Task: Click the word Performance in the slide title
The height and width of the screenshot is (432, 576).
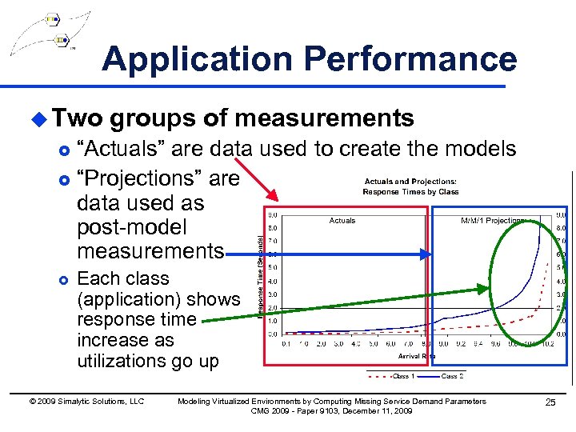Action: (411, 59)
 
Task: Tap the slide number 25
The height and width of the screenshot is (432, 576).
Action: (550, 402)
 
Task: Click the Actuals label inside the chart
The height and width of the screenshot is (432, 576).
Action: (342, 221)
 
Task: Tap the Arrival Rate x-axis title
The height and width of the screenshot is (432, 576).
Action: (415, 356)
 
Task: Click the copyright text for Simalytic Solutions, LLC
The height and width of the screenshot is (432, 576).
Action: (86, 402)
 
